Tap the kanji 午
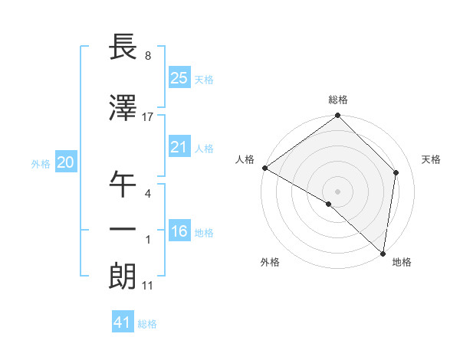[x=124, y=184]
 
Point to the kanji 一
[x=124, y=230]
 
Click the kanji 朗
[x=124, y=276]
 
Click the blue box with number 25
[x=179, y=77]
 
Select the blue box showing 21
[x=179, y=147]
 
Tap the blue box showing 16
[x=179, y=231]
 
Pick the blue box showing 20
[x=66, y=162]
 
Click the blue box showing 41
[x=123, y=322]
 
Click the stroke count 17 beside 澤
[x=148, y=117]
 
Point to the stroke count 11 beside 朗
[x=148, y=286]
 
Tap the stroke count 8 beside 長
[x=147, y=55]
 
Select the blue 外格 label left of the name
[x=41, y=163]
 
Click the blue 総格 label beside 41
[x=147, y=324]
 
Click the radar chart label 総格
[x=337, y=100]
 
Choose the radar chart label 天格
[x=431, y=159]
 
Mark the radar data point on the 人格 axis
[x=264, y=168]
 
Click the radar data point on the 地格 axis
[x=383, y=253]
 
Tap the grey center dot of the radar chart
[x=337, y=191]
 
